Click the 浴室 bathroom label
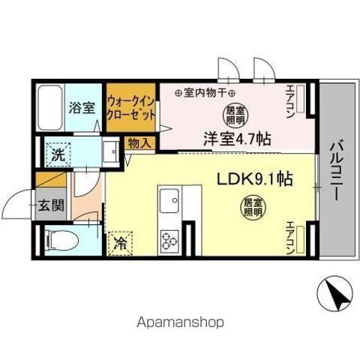point(82,107)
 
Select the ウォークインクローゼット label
point(131,107)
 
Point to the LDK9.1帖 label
point(254,180)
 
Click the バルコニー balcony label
point(334,169)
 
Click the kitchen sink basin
point(169,202)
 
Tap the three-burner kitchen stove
point(169,239)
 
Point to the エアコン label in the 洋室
point(291,98)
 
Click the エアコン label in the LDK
point(291,237)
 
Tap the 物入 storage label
point(140,142)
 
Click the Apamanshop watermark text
point(180,322)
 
